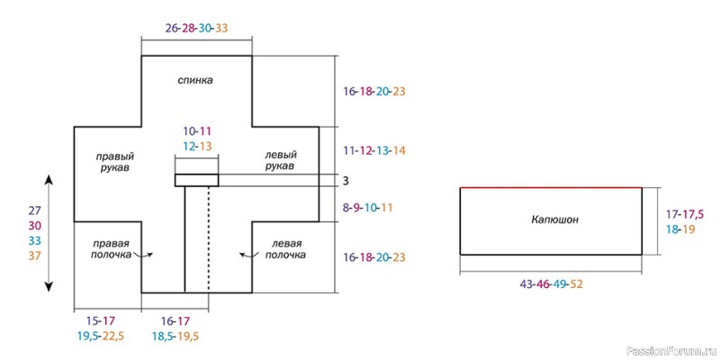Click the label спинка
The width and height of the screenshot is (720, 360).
click(196, 80)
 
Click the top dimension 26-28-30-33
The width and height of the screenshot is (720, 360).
click(196, 28)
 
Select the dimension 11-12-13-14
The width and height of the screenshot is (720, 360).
click(374, 150)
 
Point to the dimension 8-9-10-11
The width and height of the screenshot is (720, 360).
click(369, 207)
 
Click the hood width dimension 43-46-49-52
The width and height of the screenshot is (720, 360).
click(551, 284)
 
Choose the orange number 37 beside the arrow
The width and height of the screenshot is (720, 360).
click(34, 256)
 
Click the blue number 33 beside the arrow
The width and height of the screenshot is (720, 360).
click(34, 240)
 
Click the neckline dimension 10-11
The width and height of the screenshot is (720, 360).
click(196, 131)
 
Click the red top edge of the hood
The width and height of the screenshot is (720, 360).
click(551, 187)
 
